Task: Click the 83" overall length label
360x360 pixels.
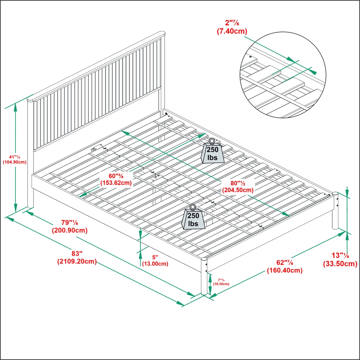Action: pos(77,254)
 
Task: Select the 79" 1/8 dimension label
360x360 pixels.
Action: pos(69,223)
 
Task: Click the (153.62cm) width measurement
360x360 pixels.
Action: pos(116,183)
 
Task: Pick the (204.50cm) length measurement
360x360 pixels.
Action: pos(238,190)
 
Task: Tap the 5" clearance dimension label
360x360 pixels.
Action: pos(155,257)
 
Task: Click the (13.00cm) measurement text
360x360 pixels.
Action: pos(155,264)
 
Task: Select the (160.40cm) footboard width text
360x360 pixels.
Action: pos(285,271)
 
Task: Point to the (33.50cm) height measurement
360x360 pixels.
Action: pos(340,264)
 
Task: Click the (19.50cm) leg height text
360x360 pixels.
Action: pos(221,284)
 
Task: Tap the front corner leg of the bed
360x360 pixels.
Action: pos(204,276)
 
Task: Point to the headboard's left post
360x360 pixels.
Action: pos(31,154)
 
